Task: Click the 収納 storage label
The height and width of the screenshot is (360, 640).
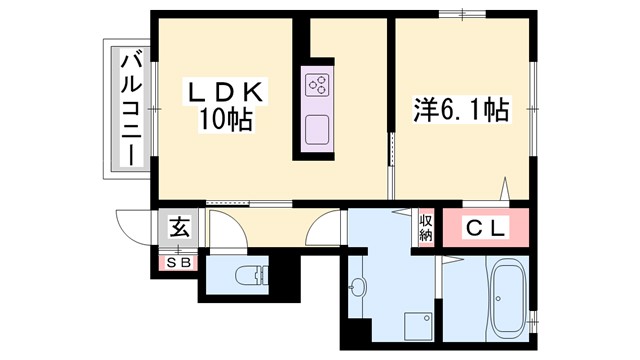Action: [x=425, y=228]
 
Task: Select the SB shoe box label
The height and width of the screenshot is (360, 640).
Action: [x=179, y=262]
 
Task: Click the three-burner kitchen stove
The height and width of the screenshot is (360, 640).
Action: [x=319, y=87]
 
